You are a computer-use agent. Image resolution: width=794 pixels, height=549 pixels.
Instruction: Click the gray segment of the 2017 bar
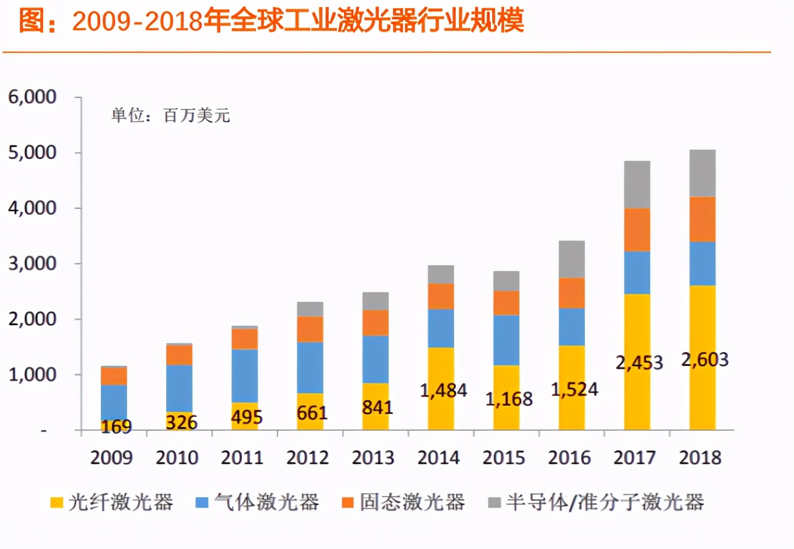click(637, 184)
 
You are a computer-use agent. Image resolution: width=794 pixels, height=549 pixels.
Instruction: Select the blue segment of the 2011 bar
click(244, 376)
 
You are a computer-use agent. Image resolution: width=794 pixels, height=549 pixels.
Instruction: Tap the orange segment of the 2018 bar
click(702, 219)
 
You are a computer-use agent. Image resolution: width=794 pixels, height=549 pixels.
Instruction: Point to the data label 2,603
click(705, 360)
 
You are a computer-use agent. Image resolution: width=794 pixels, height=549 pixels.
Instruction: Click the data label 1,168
click(509, 399)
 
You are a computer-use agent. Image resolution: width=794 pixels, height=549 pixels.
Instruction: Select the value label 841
click(377, 407)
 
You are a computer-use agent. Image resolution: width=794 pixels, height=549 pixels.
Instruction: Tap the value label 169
click(116, 427)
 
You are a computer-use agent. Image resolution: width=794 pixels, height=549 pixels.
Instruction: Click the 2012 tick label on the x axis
click(307, 457)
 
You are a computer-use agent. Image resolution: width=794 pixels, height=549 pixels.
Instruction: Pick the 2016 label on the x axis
click(569, 457)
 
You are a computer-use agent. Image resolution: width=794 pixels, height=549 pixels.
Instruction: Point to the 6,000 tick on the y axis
click(32, 97)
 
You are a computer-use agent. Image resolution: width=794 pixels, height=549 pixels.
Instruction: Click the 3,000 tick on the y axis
click(32, 263)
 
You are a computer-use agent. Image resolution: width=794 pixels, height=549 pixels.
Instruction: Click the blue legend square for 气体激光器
click(202, 502)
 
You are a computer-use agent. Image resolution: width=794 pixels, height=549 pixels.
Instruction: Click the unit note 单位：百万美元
click(170, 115)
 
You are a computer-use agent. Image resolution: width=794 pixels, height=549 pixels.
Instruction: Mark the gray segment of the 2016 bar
click(571, 259)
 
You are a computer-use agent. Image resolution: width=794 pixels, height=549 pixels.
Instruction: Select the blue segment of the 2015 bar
click(506, 340)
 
